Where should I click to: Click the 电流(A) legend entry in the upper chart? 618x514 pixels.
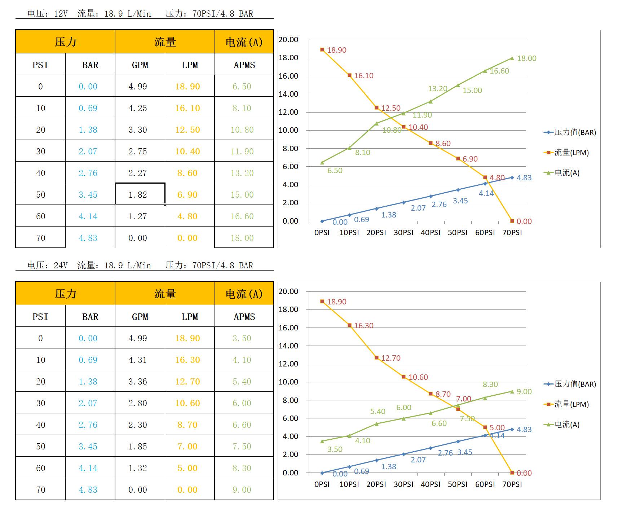[x=566, y=173]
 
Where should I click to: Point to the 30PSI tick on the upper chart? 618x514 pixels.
[x=403, y=233]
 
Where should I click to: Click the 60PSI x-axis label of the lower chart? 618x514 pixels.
[x=485, y=484]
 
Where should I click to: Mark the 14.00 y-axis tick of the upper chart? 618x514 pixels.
[x=288, y=94]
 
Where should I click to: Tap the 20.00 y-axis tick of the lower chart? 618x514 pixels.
[x=288, y=291]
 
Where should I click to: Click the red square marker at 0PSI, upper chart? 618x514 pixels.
[x=322, y=50]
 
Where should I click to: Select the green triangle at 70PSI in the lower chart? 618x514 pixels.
[x=512, y=391]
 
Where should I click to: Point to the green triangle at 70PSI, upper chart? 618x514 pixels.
[x=512, y=58]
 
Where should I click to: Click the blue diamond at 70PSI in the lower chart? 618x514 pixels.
[x=512, y=429]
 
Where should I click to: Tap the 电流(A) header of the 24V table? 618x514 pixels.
[x=244, y=294]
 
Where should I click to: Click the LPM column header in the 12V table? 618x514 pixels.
[x=190, y=65]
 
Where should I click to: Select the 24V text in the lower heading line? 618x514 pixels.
[x=61, y=266]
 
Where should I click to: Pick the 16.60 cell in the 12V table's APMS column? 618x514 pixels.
[x=242, y=216]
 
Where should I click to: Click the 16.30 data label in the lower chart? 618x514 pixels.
[x=363, y=326]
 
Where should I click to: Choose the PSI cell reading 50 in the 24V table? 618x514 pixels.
[x=40, y=447]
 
